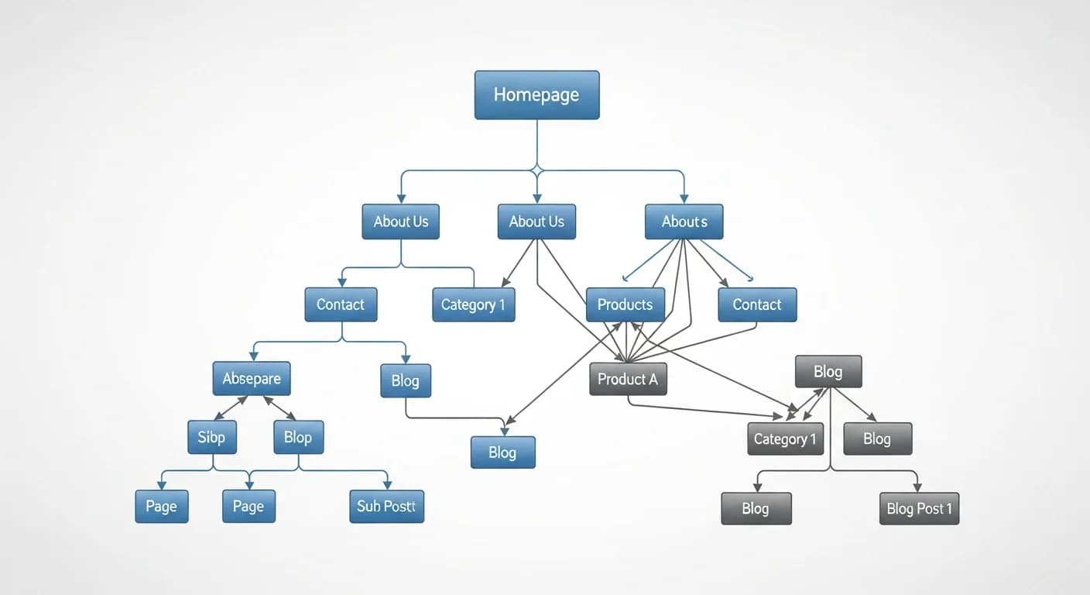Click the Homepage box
536,95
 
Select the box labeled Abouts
684,222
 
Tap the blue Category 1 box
473,304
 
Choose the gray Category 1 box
785,439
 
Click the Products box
625,304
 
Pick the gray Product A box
627,379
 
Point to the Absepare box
252,379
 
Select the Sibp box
211,437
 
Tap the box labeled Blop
298,437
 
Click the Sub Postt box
386,507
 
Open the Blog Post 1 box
919,508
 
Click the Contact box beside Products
756,304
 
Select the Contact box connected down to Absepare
341,304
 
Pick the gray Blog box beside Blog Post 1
756,508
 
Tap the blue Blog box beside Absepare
405,380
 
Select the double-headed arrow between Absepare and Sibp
231,408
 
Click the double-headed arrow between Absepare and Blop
279,408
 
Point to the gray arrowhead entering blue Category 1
504,282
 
